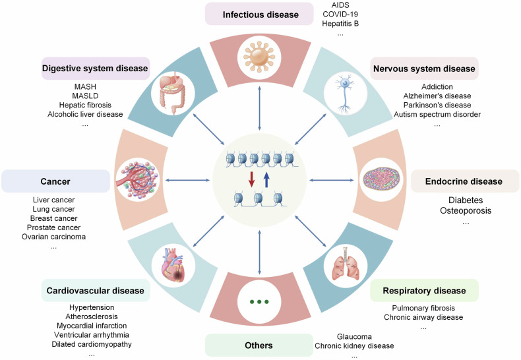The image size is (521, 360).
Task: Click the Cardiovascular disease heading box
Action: coord(96,290)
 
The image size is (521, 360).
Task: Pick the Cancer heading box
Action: coord(55,181)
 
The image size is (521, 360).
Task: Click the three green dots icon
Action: coord(260,302)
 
